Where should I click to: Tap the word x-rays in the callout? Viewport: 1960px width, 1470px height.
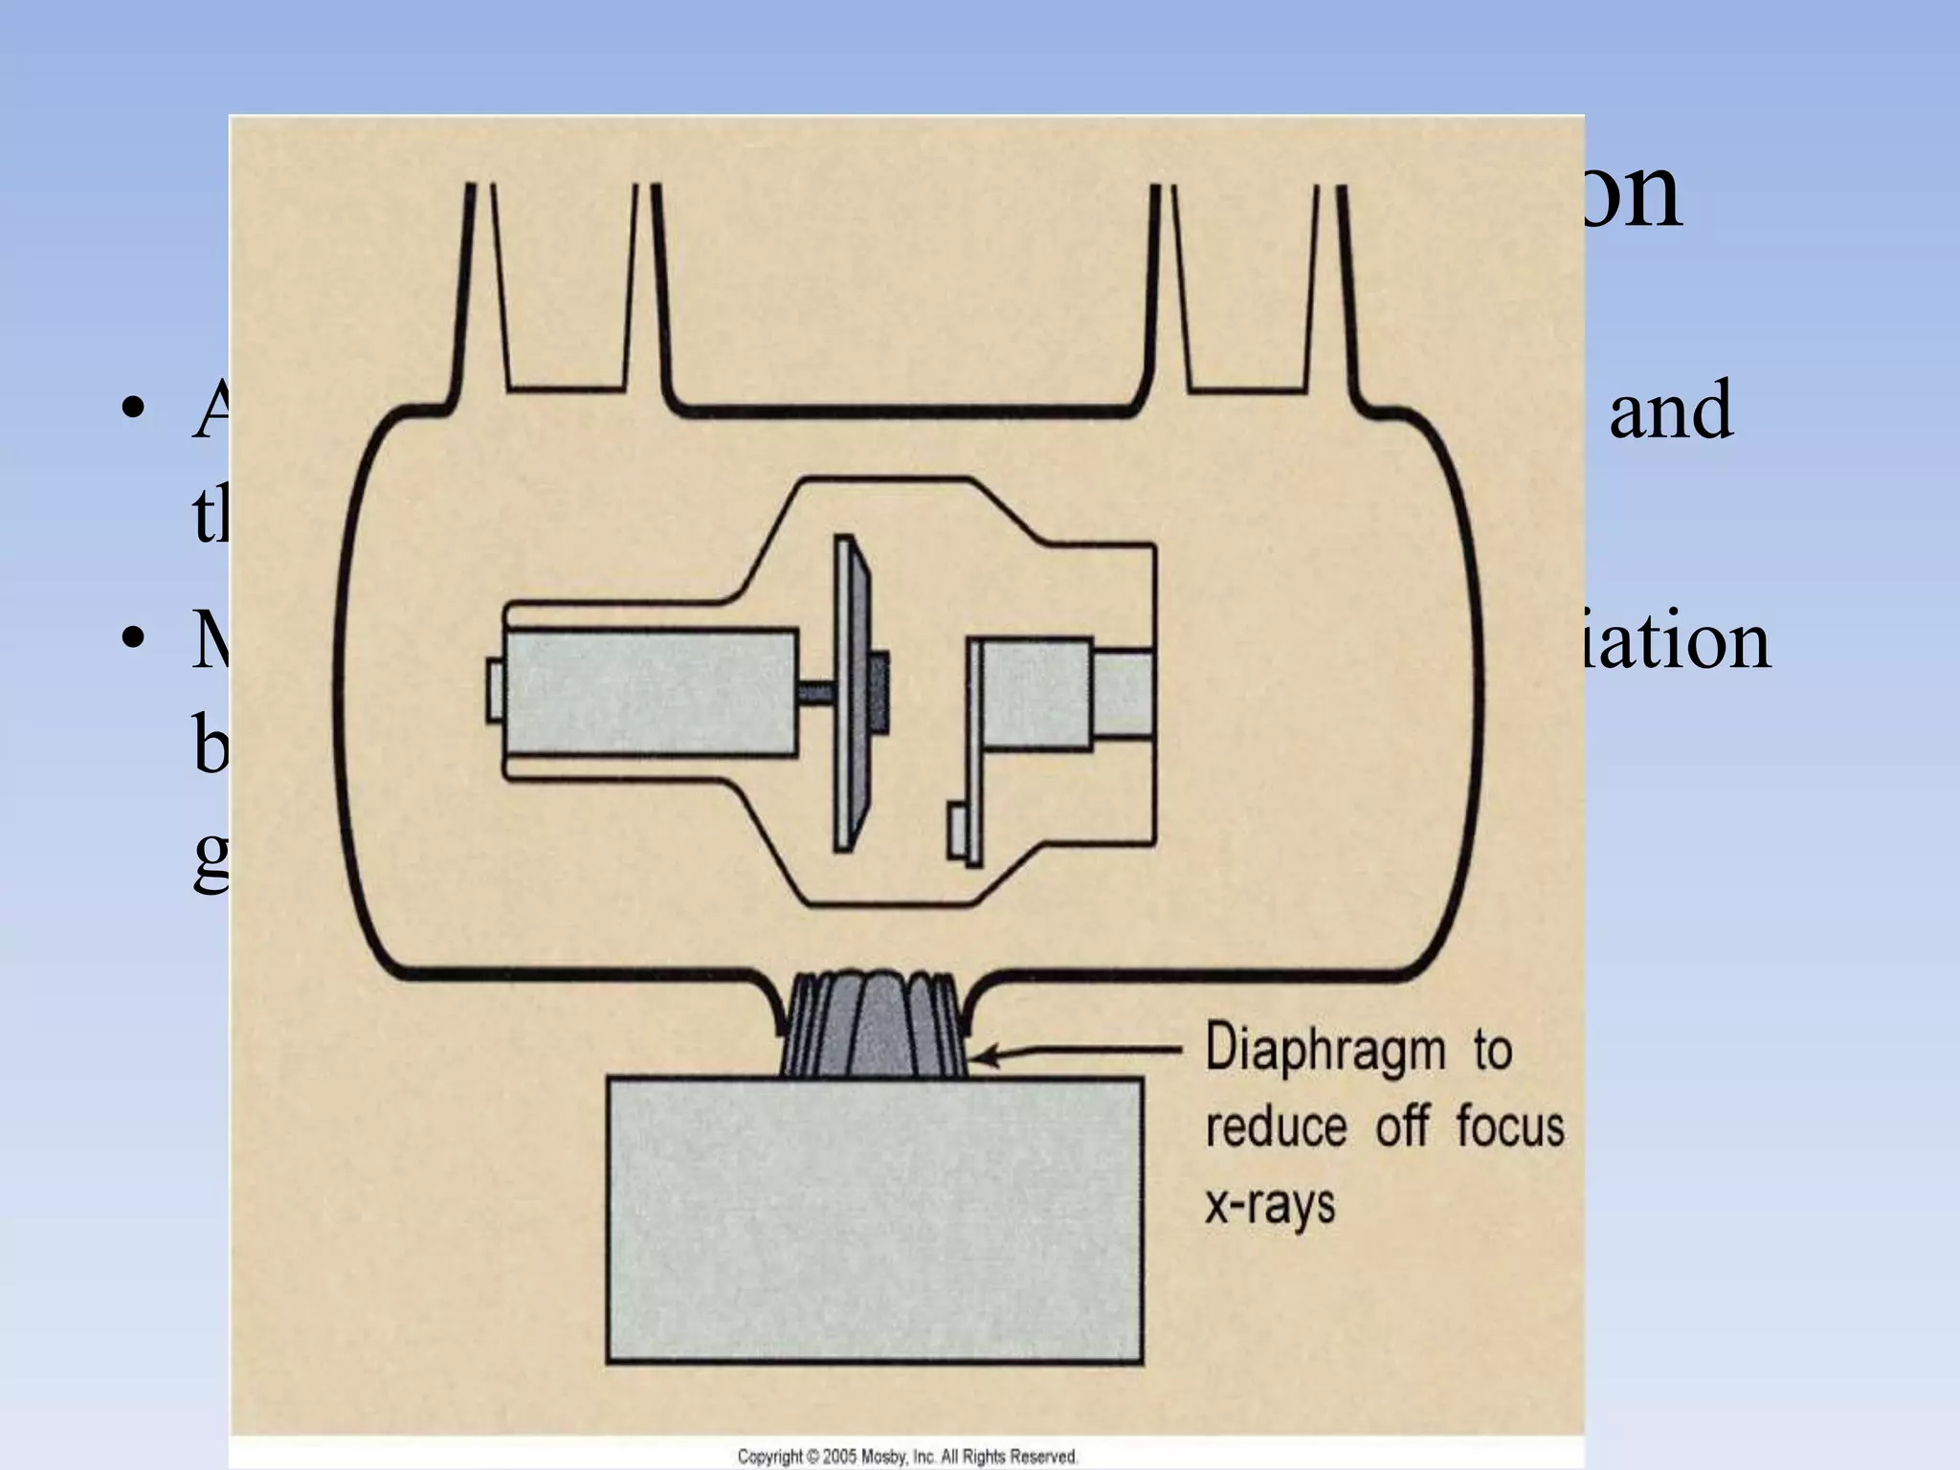click(1269, 1205)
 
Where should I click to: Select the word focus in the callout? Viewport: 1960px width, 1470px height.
click(1509, 1126)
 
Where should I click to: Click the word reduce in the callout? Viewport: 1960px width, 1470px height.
click(1276, 1126)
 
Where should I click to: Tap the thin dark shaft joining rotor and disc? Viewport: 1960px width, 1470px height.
click(814, 689)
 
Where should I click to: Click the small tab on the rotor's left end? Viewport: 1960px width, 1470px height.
click(495, 689)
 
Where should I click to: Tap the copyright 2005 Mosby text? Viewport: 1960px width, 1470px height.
click(906, 1456)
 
